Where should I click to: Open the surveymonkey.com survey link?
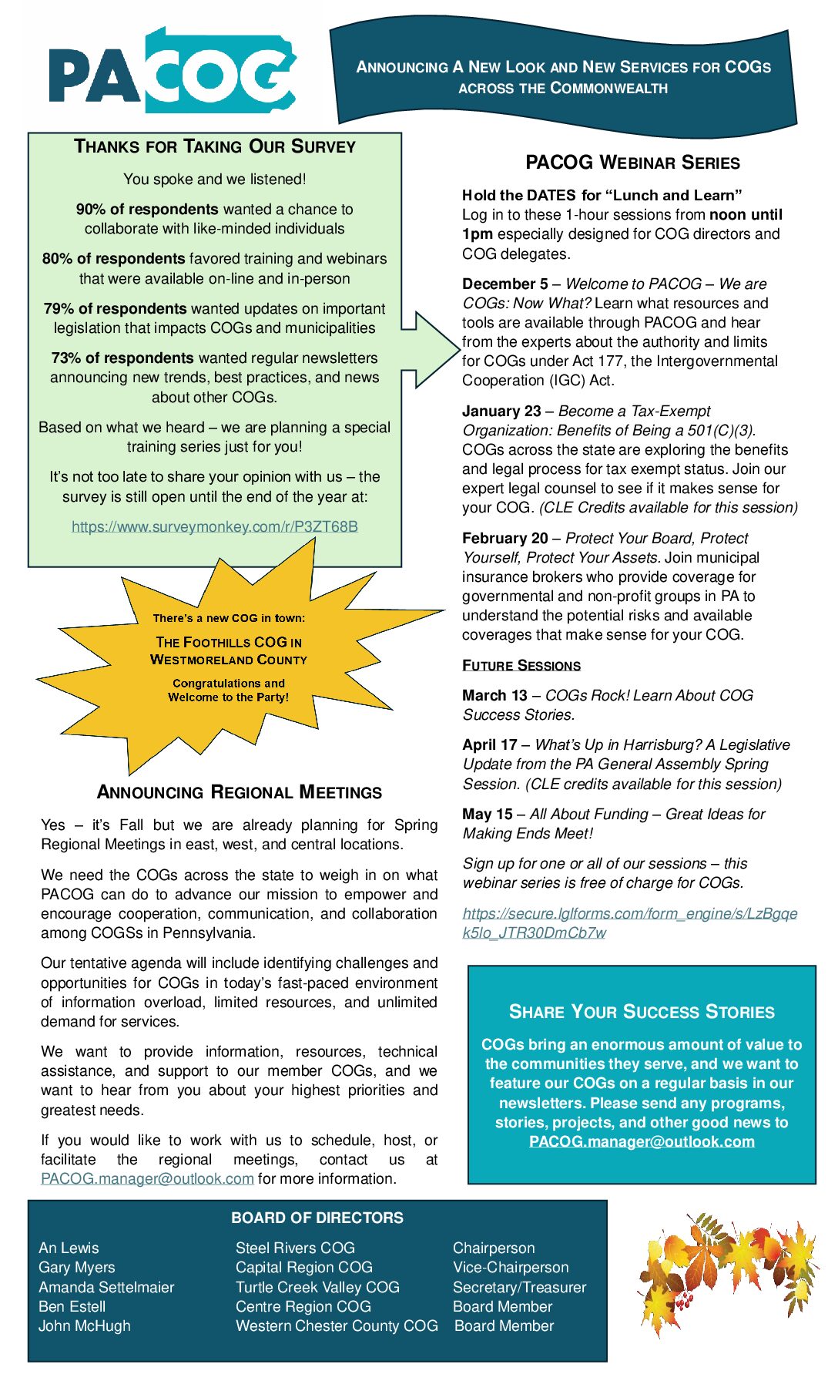[x=214, y=527]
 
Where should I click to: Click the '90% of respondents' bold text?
[x=147, y=210]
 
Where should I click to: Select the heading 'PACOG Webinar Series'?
[x=632, y=163]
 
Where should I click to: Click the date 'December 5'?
[x=505, y=284]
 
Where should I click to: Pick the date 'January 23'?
[x=501, y=412]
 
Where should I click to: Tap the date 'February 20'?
[x=505, y=539]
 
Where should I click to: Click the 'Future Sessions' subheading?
[x=521, y=666]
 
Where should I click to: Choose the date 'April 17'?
[x=490, y=745]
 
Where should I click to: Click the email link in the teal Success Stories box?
[x=642, y=1142]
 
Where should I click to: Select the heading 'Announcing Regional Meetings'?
[x=239, y=793]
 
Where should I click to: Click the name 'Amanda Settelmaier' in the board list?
[x=106, y=1288]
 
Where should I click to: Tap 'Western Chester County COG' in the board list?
[x=337, y=1326]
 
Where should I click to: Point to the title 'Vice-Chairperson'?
[x=511, y=1268]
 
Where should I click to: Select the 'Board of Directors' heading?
[x=317, y=1218]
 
